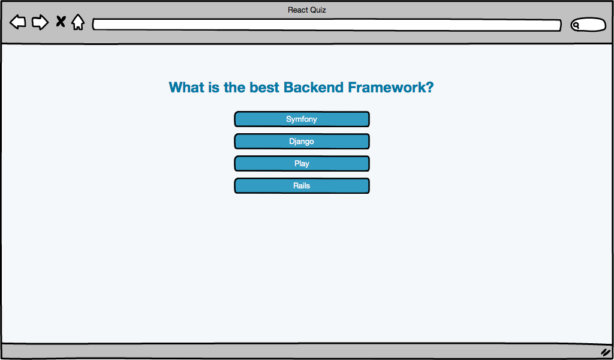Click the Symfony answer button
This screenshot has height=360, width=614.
click(x=302, y=119)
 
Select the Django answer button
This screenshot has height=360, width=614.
click(x=302, y=142)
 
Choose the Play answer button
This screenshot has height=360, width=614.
click(x=302, y=164)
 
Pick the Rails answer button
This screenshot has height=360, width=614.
click(x=302, y=185)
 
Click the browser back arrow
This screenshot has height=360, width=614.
click(x=17, y=22)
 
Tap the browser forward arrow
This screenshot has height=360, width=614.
click(x=40, y=22)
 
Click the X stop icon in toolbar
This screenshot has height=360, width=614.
click(x=61, y=22)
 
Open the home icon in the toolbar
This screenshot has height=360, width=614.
click(x=78, y=22)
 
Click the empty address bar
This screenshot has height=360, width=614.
click(x=327, y=25)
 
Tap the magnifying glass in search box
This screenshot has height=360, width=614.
click(x=576, y=26)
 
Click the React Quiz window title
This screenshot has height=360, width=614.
click(x=306, y=10)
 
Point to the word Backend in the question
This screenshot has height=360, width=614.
click(x=314, y=87)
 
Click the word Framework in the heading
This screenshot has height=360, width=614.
click(x=387, y=87)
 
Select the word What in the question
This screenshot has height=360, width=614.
click(x=186, y=87)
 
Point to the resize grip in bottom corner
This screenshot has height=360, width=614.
click(x=606, y=352)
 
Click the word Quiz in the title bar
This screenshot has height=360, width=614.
click(x=318, y=10)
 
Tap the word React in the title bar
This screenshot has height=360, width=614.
click(x=297, y=10)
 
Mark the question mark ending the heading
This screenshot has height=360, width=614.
click(x=430, y=87)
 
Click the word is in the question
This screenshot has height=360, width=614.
click(x=214, y=87)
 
